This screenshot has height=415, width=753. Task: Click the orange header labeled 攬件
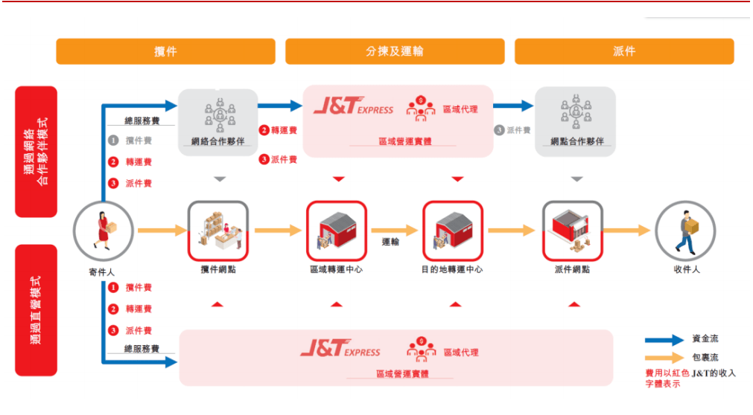(165, 51)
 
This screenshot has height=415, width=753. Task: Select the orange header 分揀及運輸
(395, 51)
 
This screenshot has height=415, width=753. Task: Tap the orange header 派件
(624, 51)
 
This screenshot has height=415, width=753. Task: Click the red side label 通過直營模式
(36, 310)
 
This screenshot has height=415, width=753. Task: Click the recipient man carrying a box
(686, 231)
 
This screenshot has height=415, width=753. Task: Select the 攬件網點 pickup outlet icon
(218, 231)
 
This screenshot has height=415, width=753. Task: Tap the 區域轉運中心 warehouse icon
(337, 231)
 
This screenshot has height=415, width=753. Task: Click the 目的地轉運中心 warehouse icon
(453, 231)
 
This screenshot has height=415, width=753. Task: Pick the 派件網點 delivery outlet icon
(573, 231)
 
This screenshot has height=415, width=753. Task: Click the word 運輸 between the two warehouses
(390, 242)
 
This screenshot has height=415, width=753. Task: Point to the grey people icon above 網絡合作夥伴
(220, 115)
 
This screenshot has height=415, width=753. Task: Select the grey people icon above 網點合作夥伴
(576, 112)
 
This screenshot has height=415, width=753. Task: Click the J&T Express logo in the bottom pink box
(340, 348)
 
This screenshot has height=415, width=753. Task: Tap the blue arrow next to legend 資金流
(664, 340)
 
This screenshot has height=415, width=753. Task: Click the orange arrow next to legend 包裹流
(664, 358)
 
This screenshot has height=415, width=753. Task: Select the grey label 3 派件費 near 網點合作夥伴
(512, 130)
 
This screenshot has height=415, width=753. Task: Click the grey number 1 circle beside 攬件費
(113, 141)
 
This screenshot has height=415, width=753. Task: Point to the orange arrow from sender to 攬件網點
(162, 231)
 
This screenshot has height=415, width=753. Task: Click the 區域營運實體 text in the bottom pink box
(402, 374)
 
